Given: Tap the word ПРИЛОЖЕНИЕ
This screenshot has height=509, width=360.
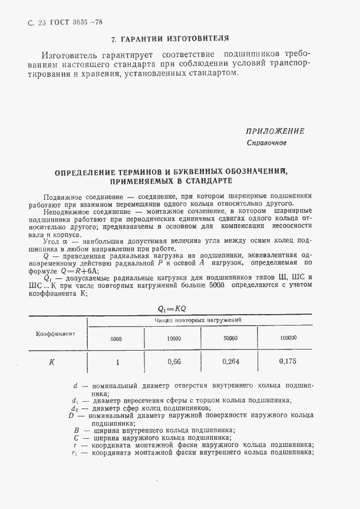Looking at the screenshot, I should click(x=274, y=131).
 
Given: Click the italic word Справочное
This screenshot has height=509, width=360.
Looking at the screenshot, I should click(x=266, y=143).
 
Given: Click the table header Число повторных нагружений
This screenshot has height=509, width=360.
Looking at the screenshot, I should click(x=198, y=320).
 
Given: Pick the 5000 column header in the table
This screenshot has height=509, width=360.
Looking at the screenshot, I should click(x=116, y=338).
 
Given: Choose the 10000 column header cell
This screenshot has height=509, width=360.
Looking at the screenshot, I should click(x=174, y=338).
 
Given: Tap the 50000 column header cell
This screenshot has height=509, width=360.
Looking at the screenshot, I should click(x=230, y=338).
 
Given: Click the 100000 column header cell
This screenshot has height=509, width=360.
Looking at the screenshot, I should click(x=288, y=338).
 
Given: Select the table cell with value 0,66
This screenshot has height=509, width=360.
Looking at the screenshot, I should click(x=174, y=361).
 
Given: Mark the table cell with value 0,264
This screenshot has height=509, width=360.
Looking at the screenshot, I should click(x=230, y=361).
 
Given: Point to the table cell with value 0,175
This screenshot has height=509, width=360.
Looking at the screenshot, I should click(x=288, y=361).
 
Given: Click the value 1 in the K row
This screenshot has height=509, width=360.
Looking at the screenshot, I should click(x=117, y=361).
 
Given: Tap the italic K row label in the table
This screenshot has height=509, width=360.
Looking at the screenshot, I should click(x=51, y=361).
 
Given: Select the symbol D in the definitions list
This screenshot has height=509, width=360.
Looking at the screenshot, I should click(x=71, y=415).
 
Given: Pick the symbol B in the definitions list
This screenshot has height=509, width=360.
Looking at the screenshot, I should click(x=77, y=430).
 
